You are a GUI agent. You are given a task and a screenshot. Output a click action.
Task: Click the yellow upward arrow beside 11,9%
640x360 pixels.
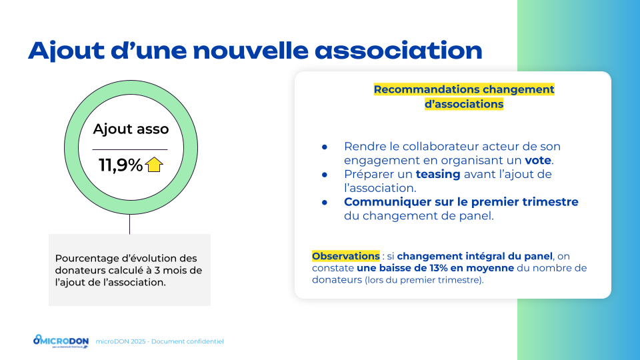point(154,165)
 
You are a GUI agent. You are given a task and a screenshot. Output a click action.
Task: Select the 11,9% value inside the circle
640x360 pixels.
point(121,165)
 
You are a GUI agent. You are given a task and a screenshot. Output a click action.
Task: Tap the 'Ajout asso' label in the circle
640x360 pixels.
point(131,129)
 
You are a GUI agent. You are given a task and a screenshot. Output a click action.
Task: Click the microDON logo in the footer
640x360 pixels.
point(61,341)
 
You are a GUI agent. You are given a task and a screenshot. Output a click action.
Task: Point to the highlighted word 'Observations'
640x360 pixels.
point(346,256)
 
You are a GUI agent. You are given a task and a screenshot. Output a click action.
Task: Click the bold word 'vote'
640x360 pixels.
point(538,160)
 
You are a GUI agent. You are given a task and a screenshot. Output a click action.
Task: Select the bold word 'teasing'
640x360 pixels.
point(438,174)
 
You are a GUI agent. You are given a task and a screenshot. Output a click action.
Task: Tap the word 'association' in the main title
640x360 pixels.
point(399,51)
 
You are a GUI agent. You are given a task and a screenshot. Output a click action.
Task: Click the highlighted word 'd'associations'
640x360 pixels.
point(464,104)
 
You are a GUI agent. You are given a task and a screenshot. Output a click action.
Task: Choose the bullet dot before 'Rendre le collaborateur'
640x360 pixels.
point(325,147)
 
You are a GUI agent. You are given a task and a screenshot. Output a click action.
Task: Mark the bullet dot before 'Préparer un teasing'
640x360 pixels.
point(325,175)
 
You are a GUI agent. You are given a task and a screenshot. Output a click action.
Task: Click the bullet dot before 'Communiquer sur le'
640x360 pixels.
point(325,203)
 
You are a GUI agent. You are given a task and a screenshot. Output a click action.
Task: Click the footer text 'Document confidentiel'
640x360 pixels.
point(187,341)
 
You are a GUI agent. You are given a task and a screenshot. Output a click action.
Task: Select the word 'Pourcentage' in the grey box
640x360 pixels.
point(87,259)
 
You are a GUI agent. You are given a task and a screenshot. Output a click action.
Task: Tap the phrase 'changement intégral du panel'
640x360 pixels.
point(475,256)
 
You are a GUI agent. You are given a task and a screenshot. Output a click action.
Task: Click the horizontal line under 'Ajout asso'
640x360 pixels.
point(130,150)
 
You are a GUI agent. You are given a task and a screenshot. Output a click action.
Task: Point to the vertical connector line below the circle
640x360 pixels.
point(130,224)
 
